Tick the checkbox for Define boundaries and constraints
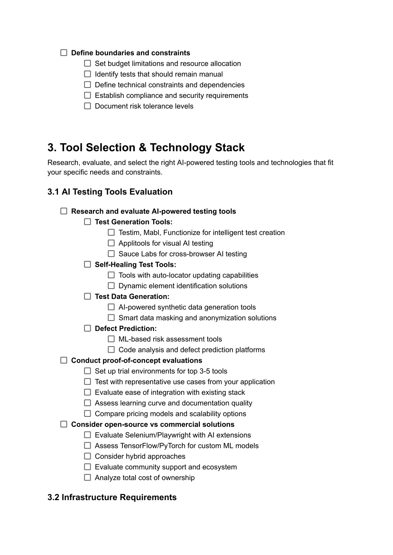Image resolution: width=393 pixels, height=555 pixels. (64, 53)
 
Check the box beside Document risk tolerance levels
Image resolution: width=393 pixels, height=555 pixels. (88, 106)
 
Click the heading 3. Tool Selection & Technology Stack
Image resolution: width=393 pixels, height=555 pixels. (146, 148)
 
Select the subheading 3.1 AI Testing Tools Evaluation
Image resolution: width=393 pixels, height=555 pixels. (110, 192)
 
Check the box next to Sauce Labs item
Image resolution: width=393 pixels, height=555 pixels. (111, 254)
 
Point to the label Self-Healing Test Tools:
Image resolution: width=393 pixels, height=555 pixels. (135, 264)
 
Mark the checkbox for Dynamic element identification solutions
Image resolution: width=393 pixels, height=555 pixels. (111, 286)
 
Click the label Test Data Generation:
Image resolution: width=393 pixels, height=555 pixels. (132, 297)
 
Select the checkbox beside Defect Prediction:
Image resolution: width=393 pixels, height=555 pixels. (88, 328)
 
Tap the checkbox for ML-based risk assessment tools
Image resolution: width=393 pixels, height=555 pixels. (111, 339)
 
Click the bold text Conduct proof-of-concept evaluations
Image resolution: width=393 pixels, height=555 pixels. (136, 360)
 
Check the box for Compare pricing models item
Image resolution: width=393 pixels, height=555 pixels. (88, 414)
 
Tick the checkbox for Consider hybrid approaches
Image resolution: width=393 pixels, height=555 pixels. (88, 456)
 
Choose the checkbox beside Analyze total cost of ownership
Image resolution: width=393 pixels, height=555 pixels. (88, 477)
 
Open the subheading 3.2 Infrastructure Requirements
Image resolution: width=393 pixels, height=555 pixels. (112, 497)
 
